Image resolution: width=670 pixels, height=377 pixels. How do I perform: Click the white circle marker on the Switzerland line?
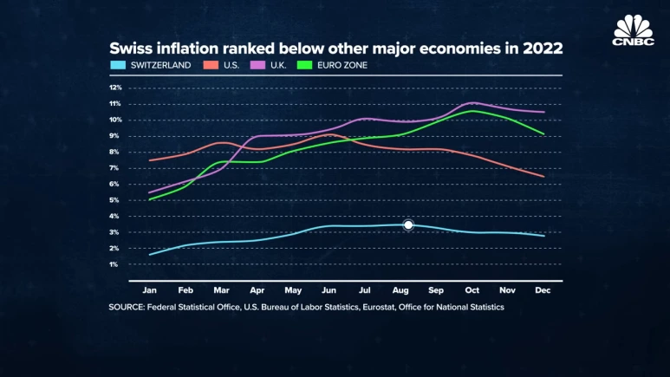point(408,224)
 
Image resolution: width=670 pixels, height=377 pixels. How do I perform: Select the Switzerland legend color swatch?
point(117,64)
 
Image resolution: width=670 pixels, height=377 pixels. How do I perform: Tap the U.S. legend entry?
point(223,64)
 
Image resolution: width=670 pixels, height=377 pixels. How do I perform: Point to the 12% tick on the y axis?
point(114,88)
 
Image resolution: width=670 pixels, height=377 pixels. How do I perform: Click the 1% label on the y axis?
point(114,264)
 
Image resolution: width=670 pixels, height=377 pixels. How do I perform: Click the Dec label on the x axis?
point(543,290)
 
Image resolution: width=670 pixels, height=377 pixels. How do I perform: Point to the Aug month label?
point(401,290)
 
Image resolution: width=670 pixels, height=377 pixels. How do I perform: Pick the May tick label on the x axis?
point(294,290)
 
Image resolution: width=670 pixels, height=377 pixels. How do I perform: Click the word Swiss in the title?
point(129,48)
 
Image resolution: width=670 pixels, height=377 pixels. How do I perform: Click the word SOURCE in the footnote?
point(129,307)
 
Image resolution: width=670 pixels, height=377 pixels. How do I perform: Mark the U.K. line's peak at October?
point(472,102)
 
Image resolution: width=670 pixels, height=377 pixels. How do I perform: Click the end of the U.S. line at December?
point(543,177)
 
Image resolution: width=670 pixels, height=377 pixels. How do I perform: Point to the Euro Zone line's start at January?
point(151,199)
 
